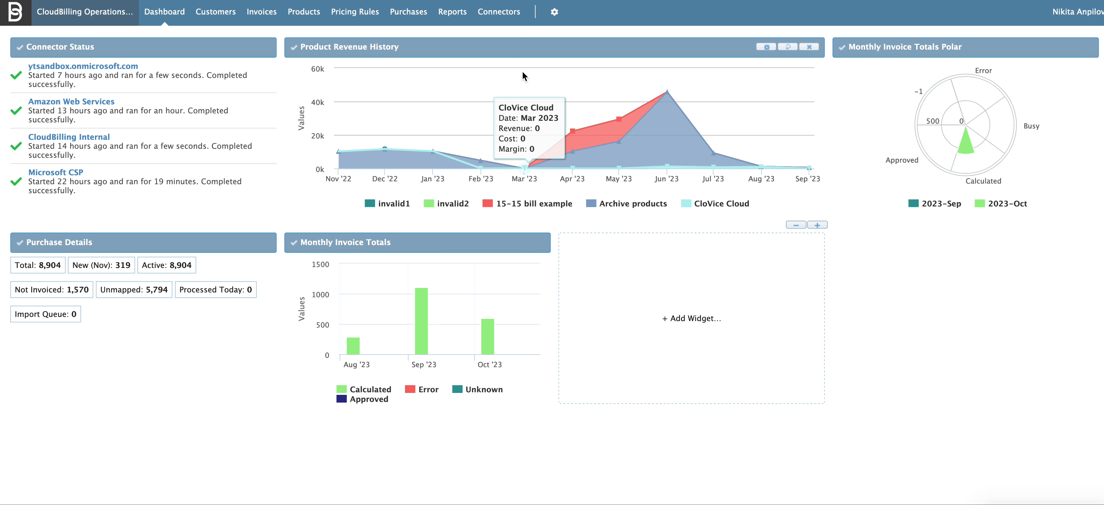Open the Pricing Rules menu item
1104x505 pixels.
(354, 12)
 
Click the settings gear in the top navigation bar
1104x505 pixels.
(554, 12)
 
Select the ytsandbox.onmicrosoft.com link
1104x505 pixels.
(83, 66)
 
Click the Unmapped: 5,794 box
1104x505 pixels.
(134, 290)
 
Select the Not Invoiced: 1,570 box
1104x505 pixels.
(51, 290)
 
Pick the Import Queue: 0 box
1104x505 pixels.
(45, 314)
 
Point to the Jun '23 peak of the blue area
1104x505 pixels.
(667, 92)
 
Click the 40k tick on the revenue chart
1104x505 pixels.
(317, 102)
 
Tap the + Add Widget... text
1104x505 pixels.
(691, 318)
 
